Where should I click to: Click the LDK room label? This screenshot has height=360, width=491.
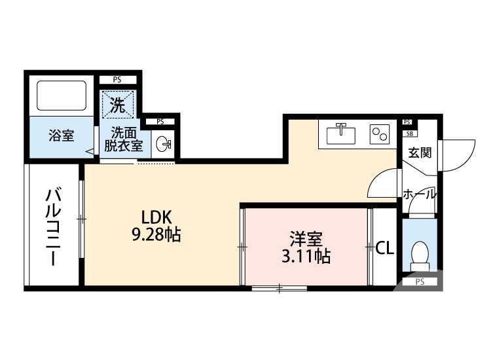pyautogui.click(x=157, y=217)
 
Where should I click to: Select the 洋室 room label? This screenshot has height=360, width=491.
pyautogui.click(x=306, y=239)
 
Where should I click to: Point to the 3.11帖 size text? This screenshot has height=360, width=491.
pyautogui.click(x=306, y=257)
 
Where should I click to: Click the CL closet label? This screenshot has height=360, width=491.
pyautogui.click(x=384, y=247)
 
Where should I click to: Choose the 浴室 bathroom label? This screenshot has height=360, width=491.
pyautogui.click(x=62, y=136)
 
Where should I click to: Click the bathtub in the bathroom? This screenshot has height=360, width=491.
pyautogui.click(x=62, y=96)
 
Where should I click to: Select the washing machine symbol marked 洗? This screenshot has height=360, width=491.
pyautogui.click(x=118, y=103)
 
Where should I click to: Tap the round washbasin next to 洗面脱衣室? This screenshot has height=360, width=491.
pyautogui.click(x=164, y=142)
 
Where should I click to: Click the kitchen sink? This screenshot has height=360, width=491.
pyautogui.click(x=340, y=134)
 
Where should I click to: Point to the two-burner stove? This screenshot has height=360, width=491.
pyautogui.click(x=379, y=134)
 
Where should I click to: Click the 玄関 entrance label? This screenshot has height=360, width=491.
pyautogui.click(x=420, y=153)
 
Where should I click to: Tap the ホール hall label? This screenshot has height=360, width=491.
pyautogui.click(x=418, y=194)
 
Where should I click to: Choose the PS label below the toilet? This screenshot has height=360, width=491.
pyautogui.click(x=419, y=282)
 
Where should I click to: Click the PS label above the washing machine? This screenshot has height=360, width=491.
pyautogui.click(x=117, y=80)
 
